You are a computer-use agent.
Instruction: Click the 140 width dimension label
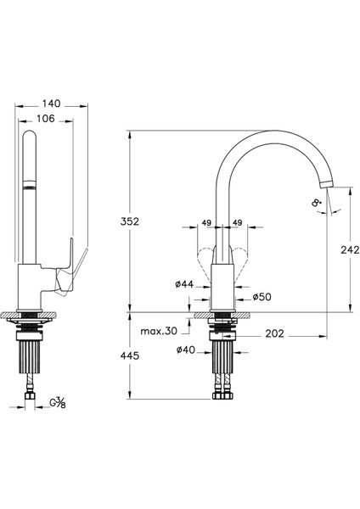point(51,103)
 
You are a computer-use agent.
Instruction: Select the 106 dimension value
point(46,119)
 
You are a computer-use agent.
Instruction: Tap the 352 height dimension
point(130,221)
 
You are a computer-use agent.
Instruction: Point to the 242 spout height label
point(350,249)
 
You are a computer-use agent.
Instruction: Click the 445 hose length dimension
point(130,355)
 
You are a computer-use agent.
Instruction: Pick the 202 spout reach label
point(274,333)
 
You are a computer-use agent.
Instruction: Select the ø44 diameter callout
point(184,284)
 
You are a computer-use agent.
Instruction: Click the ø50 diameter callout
point(262,297)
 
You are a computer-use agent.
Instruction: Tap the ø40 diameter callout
point(186,350)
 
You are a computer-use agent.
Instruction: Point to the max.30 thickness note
point(159,331)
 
